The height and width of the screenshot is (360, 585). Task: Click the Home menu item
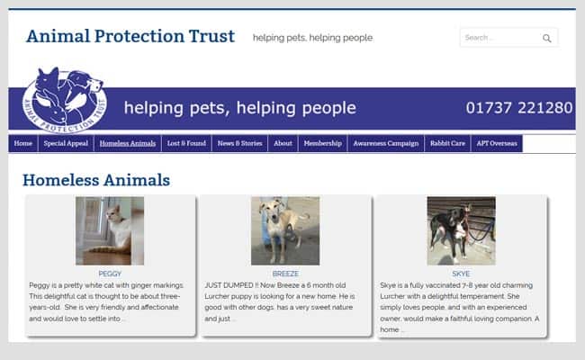(x=23, y=143)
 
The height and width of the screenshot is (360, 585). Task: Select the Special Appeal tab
(x=66, y=143)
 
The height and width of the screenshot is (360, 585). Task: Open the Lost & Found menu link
(x=186, y=143)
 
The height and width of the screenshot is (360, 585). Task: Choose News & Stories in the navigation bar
(x=240, y=143)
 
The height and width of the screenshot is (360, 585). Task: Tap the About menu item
(x=283, y=143)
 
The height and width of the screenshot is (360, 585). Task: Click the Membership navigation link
(x=323, y=143)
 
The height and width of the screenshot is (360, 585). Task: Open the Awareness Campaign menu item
(x=386, y=143)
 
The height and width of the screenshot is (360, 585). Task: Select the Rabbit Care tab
(x=447, y=143)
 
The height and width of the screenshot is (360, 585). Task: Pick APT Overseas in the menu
(x=497, y=143)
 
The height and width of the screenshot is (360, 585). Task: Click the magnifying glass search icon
(x=546, y=38)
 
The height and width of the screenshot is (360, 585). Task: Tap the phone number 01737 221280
(x=519, y=108)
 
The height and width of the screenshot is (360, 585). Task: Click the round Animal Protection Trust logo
(x=64, y=100)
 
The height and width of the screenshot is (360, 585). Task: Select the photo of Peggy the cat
(x=110, y=231)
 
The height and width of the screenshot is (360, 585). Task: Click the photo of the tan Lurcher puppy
(x=285, y=231)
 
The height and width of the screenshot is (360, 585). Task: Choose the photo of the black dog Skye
(x=461, y=231)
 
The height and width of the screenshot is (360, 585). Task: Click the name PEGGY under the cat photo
(x=110, y=274)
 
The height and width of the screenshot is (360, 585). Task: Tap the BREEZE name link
(x=285, y=274)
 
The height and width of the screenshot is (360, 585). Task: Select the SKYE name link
(x=461, y=274)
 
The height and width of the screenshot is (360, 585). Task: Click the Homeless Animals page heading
(x=96, y=180)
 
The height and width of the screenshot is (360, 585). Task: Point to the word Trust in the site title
(x=211, y=36)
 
